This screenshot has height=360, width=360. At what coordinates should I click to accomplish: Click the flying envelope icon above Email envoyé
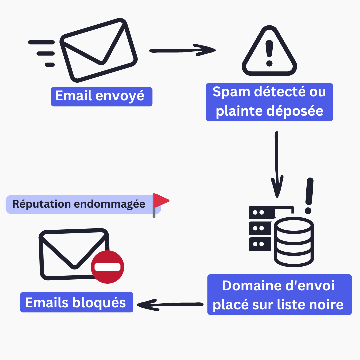99,50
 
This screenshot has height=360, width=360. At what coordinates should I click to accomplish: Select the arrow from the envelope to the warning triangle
182,51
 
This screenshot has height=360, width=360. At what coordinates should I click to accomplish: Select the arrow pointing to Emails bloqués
170,305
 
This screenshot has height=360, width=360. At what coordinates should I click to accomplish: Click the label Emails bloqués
76,302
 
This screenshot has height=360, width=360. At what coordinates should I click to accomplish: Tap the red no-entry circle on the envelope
108,267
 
